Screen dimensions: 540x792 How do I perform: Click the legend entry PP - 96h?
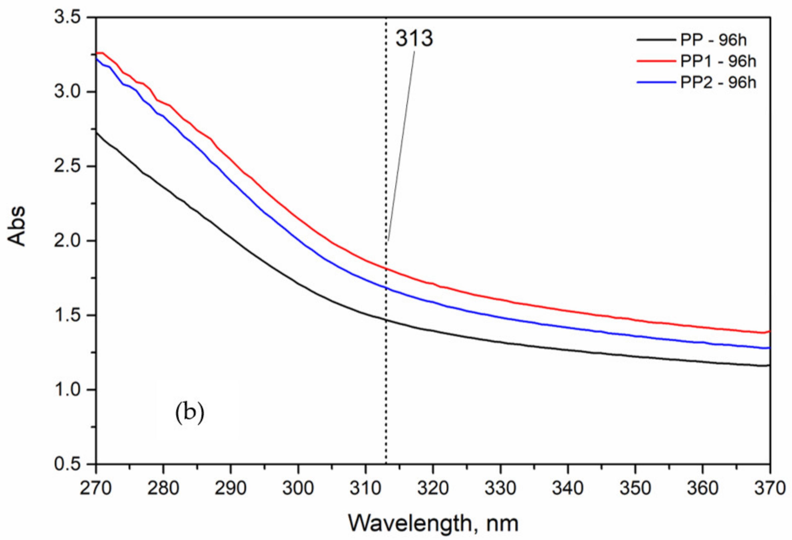[x=713, y=40]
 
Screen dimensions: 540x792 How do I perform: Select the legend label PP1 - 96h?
[x=718, y=61]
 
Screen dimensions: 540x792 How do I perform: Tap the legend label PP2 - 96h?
[x=718, y=83]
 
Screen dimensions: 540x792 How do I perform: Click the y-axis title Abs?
[x=16, y=226]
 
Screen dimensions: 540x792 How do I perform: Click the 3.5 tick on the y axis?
[x=70, y=17]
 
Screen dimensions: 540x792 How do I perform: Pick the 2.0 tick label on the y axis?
[x=70, y=241]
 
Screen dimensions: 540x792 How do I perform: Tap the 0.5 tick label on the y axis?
[x=70, y=464]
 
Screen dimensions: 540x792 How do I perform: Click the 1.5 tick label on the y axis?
[x=70, y=315]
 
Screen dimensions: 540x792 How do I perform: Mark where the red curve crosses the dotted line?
[x=386, y=269]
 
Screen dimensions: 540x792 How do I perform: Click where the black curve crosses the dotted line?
[x=386, y=320]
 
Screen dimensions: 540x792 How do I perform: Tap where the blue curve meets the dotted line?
[x=386, y=288]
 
